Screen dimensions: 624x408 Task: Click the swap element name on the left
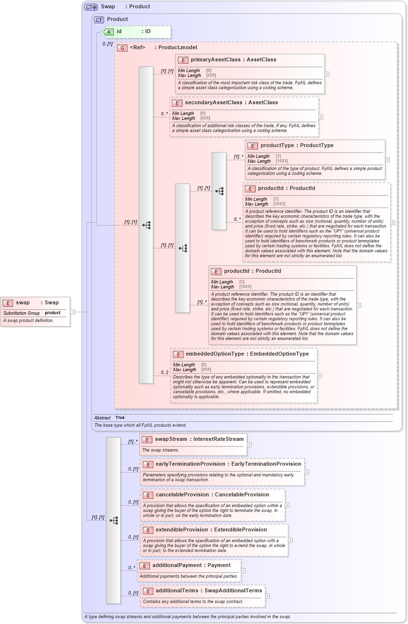[23, 303]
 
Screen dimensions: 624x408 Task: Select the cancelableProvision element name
[187, 494]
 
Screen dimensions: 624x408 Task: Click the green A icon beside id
[110, 31]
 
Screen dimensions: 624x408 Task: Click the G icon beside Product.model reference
[122, 48]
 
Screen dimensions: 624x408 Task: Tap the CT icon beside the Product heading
[99, 19]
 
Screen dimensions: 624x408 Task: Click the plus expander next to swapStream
[249, 444]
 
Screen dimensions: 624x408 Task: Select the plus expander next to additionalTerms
[267, 596]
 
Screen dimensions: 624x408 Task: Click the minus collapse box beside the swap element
[72, 312]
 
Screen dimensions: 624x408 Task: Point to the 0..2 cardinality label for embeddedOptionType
[165, 373]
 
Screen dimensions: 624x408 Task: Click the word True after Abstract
[120, 417]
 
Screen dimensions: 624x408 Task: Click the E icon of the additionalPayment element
[145, 565]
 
